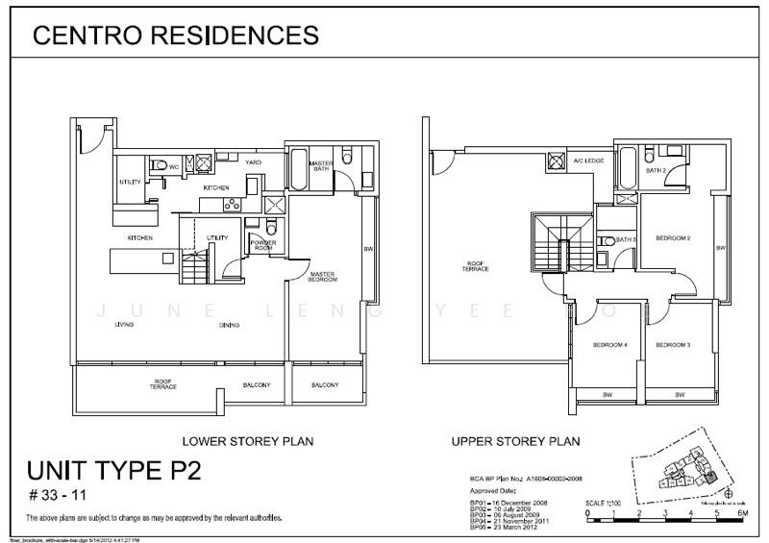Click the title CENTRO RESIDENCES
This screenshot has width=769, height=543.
pos(175,36)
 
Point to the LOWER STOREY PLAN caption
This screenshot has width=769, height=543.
pos(248,442)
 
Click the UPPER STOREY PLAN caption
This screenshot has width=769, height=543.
pos(516,442)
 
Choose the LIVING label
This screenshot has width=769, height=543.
pos(124,325)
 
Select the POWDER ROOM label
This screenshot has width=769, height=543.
pos(262,244)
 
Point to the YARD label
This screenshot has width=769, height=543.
pos(253,162)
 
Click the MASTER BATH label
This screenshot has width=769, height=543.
pos(320,166)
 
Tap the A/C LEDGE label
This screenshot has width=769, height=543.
pos(588,160)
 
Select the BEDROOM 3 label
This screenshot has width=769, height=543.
pos(674,344)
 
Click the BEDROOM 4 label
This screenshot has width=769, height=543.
pos(609,344)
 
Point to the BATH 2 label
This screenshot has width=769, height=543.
pos(657,170)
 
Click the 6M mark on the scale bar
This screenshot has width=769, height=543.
pos(742,514)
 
